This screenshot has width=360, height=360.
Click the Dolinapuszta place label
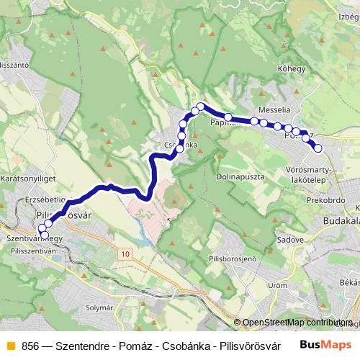pyautogui.click(x=240, y=176)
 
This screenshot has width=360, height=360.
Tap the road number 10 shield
pyautogui.click(x=126, y=254)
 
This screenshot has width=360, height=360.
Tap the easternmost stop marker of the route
pyautogui.click(x=318, y=148)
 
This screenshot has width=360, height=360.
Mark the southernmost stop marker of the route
pyautogui.click(x=45, y=235)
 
